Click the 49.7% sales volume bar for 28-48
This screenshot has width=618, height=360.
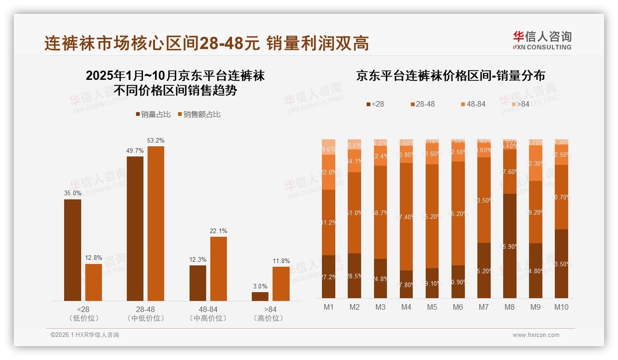click(135, 228)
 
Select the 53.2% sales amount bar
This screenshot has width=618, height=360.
click(156, 223)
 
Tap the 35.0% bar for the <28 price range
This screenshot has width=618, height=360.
click(72, 250)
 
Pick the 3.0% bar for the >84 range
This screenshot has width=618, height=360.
click(260, 296)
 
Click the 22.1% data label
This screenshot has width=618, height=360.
click(218, 231)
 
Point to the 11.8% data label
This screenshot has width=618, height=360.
click(281, 261)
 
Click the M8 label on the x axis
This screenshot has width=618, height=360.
click(510, 307)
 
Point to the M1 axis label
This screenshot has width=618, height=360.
click(328, 307)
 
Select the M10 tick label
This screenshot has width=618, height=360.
click(561, 307)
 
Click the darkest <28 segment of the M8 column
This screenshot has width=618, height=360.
click(510, 246)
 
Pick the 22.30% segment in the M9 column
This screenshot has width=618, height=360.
click(535, 163)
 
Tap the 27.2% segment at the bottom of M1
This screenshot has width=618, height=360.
click(328, 276)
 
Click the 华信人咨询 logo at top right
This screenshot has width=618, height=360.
click(542, 40)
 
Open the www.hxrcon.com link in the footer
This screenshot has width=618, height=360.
click(536, 335)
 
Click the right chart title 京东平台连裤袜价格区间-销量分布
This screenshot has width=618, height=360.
click(450, 76)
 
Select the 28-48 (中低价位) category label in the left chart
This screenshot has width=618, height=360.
click(145, 313)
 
